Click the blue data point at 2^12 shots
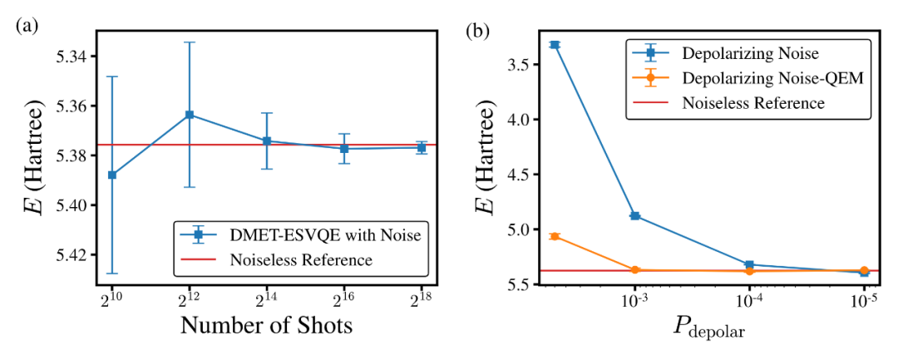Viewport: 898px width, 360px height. (189, 115)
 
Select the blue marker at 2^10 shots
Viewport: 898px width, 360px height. (112, 175)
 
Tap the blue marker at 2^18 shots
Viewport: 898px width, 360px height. (422, 147)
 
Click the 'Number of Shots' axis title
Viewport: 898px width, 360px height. (266, 326)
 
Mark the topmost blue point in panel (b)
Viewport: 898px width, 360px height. (555, 45)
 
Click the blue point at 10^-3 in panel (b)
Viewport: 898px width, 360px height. (635, 216)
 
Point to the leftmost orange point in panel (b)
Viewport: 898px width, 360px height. (555, 236)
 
